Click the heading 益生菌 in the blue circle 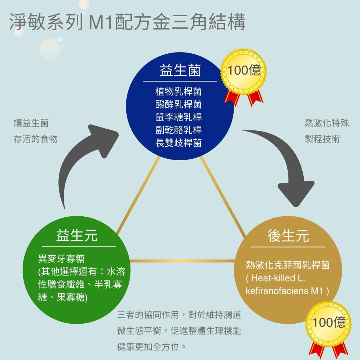pyautogui.click(x=180, y=71)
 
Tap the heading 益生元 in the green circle pyautogui.click(x=77, y=235)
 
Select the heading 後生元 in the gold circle pyautogui.click(x=288, y=236)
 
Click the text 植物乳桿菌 pyautogui.click(x=179, y=91)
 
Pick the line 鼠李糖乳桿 pyautogui.click(x=179, y=117)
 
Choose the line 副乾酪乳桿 pyautogui.click(x=179, y=130)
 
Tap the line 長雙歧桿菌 pyautogui.click(x=179, y=143)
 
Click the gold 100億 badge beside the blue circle pyautogui.click(x=244, y=71)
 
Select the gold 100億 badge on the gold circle pyautogui.click(x=329, y=323)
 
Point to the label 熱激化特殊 pyautogui.click(x=327, y=123)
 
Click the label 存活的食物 pyautogui.click(x=35, y=139)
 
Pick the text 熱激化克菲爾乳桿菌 pyautogui.click(x=288, y=265)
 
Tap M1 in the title pyautogui.click(x=102, y=23)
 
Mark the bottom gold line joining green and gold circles pyautogui.click(x=182, y=261)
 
